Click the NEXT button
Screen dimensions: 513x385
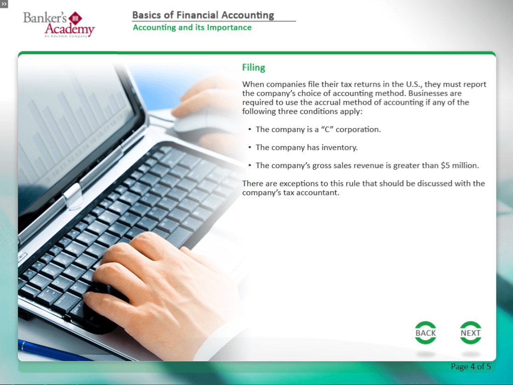470,333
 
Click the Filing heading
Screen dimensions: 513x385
254,68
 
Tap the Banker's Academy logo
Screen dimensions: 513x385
59,24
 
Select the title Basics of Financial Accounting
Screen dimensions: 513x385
203,15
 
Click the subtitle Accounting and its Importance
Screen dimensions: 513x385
192,28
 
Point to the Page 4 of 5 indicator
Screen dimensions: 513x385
471,366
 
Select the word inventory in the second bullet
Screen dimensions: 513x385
339,147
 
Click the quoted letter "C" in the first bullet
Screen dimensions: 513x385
327,130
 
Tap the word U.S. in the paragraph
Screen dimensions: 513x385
414,85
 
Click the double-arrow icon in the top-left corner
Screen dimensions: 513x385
4,4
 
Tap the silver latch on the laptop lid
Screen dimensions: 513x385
72,196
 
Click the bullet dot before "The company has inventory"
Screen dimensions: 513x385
250,147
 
